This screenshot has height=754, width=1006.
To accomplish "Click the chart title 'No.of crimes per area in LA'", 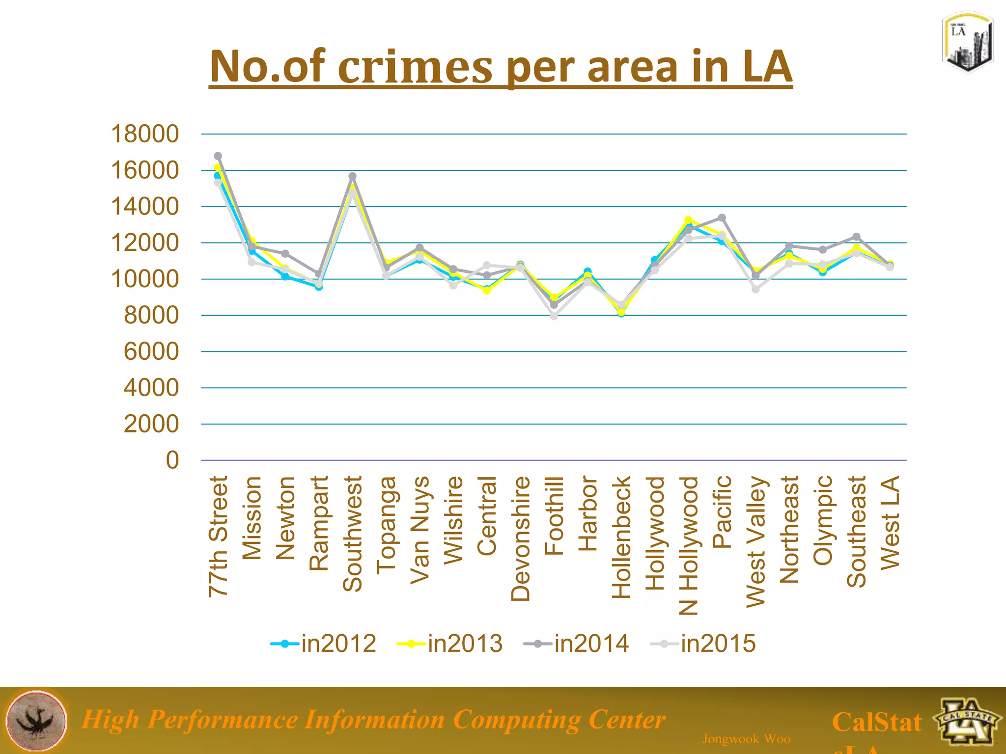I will coord(500,67).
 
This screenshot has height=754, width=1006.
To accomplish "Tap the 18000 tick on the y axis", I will coord(145,134).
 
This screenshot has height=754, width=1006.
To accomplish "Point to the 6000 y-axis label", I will coord(151,351).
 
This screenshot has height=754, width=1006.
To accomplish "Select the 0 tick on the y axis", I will coord(172,460).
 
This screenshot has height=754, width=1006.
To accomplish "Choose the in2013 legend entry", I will coord(450,644).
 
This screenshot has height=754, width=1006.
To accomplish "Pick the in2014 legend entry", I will coord(576,644).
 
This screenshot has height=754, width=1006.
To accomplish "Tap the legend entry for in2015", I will coord(703,644).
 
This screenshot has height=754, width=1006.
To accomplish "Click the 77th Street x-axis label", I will coord(219,536).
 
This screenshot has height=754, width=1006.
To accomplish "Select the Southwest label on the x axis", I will coord(353,534).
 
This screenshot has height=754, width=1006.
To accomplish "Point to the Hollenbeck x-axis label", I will coord(621,537).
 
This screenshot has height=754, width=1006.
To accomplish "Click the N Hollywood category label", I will coord(689,545).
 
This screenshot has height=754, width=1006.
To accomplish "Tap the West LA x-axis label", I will coord(890,523).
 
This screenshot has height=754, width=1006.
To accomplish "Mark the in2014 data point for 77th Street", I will coord(218,156).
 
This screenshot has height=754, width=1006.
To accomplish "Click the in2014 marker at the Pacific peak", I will coord(722,217).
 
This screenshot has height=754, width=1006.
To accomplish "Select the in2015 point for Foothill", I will coord(554,316).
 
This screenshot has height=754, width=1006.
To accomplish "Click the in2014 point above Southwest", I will coord(352,176).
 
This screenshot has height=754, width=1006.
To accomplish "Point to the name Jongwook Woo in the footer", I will coord(746,739).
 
